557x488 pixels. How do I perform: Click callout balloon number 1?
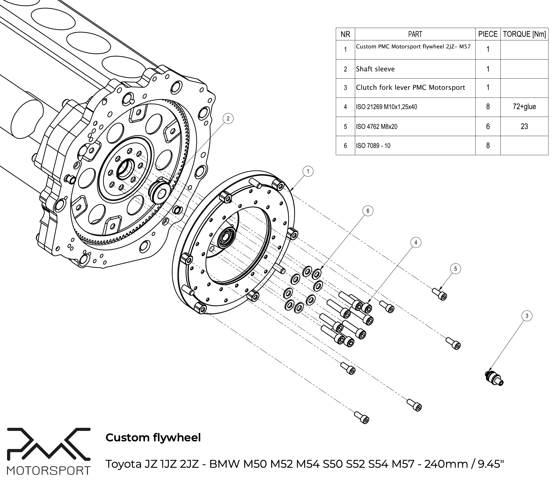[308, 171]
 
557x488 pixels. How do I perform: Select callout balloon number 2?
[228, 119]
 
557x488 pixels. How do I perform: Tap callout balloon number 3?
[527, 316]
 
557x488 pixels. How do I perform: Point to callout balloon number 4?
[416, 242]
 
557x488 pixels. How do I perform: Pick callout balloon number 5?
[455, 269]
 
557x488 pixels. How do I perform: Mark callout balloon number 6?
[368, 211]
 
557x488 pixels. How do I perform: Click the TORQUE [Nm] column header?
[524, 34]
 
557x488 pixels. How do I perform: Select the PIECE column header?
[488, 34]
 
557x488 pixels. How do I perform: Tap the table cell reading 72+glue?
[524, 107]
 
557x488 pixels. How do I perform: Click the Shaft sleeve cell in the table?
[375, 69]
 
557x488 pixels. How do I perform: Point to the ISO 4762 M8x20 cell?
[377, 126]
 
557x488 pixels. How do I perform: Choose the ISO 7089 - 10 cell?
[373, 146]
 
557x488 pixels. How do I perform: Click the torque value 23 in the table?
[524, 126]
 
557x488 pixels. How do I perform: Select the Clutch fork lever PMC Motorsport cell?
[410, 87]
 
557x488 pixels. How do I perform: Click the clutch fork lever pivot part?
[494, 378]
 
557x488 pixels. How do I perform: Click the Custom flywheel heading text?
[153, 438]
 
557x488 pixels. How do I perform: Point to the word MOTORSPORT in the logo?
[49, 471]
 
